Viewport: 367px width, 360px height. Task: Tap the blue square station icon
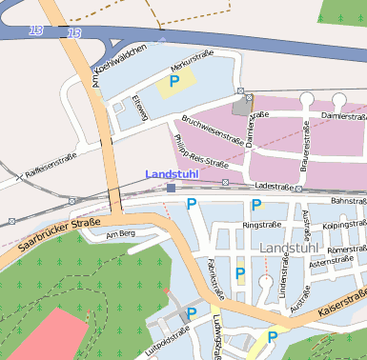(x=171, y=189)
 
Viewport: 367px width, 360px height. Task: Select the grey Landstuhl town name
(x=290, y=248)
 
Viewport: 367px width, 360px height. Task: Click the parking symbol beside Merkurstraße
(x=173, y=83)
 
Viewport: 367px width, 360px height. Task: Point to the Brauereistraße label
(x=306, y=140)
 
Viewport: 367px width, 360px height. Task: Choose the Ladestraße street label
(x=274, y=186)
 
